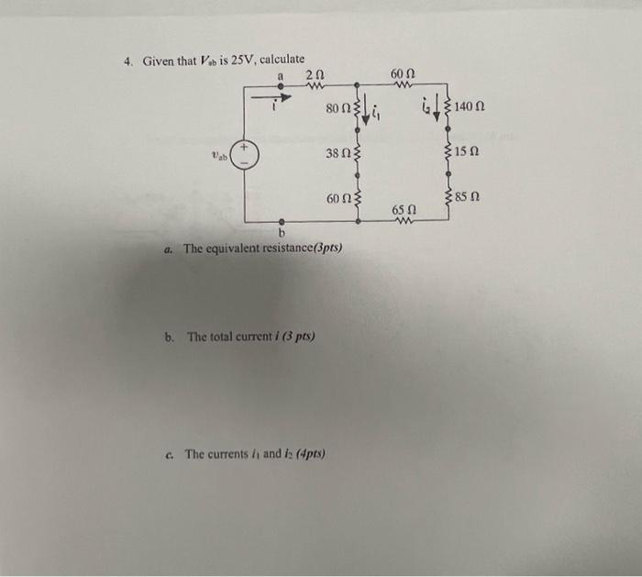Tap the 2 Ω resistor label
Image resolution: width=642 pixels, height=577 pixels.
pyautogui.click(x=313, y=74)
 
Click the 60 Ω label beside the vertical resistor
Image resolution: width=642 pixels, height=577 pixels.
pyautogui.click(x=338, y=197)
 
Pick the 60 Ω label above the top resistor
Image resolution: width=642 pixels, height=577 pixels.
pyautogui.click(x=404, y=72)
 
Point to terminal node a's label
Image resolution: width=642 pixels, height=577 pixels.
pyautogui.click(x=280, y=73)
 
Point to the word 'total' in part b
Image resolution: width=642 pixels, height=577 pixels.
pyautogui.click(x=225, y=337)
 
